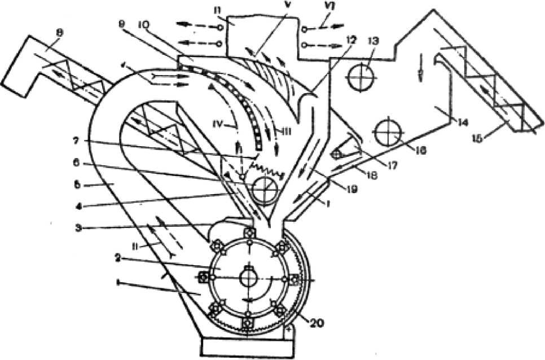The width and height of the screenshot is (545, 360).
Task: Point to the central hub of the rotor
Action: (x=248, y=278)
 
